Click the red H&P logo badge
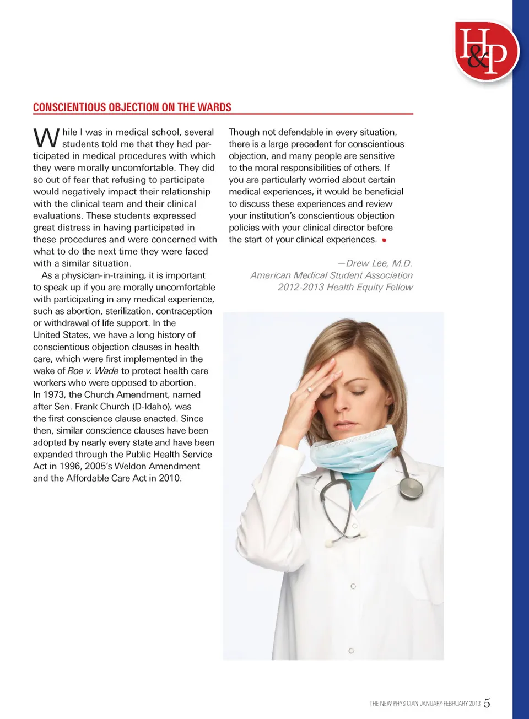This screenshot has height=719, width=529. pyautogui.click(x=486, y=52)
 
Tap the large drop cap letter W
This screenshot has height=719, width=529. pyautogui.click(x=46, y=138)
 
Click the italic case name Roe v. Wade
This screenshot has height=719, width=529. pyautogui.click(x=93, y=371)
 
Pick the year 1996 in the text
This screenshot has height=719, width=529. pyautogui.click(x=70, y=466)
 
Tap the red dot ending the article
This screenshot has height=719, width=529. pyautogui.click(x=384, y=240)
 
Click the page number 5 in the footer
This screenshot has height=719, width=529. pyautogui.click(x=487, y=703)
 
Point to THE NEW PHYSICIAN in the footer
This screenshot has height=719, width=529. pyautogui.click(x=393, y=704)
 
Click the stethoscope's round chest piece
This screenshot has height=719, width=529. pyautogui.click(x=411, y=487)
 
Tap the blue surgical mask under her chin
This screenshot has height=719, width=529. pyautogui.click(x=353, y=449)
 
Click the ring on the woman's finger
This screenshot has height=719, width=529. pyautogui.click(x=310, y=390)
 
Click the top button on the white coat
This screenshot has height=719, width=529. pyautogui.click(x=353, y=586)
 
